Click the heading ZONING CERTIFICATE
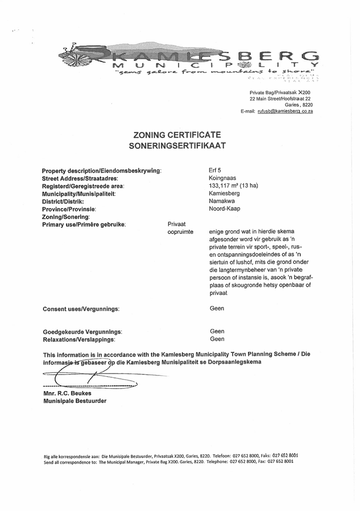[178, 135]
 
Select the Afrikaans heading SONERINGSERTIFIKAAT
[177, 145]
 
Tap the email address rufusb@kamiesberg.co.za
[285, 112]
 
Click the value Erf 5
[215, 170]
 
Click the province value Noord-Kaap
[225, 209]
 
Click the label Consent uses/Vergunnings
[81, 309]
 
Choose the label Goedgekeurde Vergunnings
[83, 331]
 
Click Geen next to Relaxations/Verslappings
[217, 339]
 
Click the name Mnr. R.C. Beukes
[67, 393]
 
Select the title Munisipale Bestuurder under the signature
[74, 401]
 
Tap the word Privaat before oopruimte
[177, 224]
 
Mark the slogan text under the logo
[215, 73]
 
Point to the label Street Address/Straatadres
[80, 178]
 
